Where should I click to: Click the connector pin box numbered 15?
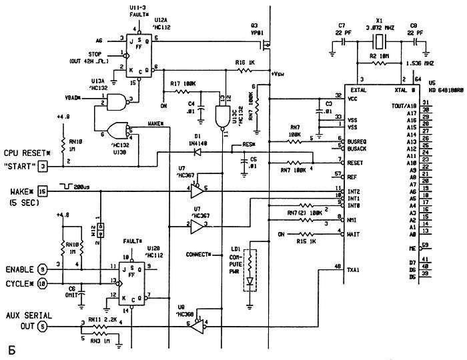[42, 193]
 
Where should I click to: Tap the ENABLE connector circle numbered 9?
[42, 269]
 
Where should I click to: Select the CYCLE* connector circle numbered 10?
[42, 283]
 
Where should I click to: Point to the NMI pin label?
[350, 218]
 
